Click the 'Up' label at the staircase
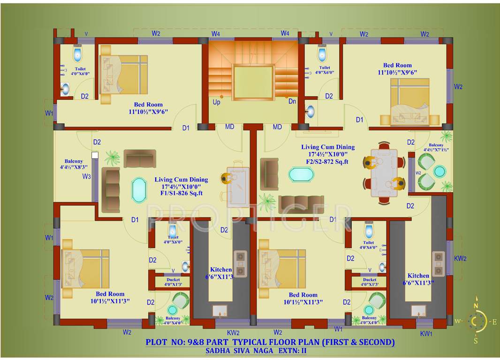(216, 102)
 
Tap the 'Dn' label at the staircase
(292, 101)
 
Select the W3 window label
(86, 176)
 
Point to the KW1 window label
(426, 333)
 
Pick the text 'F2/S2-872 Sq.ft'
(327, 162)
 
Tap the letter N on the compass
(476, 306)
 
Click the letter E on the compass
(494, 322)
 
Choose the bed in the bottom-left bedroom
(86, 269)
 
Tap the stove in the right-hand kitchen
(438, 264)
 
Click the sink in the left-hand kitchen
(220, 311)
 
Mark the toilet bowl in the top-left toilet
(78, 54)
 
